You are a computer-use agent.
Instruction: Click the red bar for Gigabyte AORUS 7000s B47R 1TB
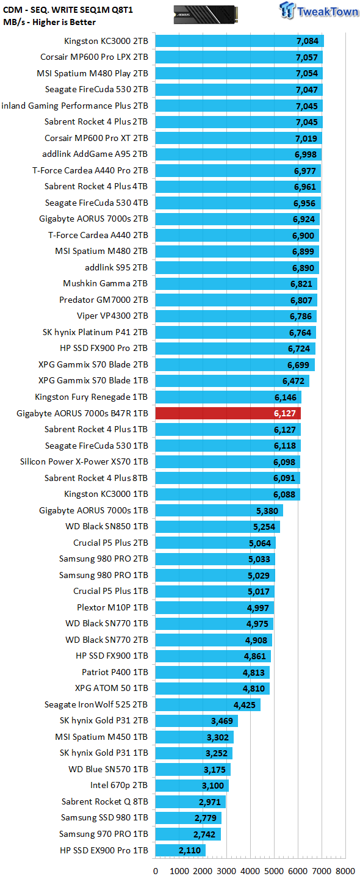(228, 413)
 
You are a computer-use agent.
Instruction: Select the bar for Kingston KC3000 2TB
(240, 41)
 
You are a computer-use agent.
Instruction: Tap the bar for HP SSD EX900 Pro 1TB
(181, 850)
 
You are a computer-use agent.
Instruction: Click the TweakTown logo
(319, 10)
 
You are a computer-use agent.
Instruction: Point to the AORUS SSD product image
(206, 15)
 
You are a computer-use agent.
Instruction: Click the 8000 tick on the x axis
(345, 870)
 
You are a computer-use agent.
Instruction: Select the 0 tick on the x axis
(156, 870)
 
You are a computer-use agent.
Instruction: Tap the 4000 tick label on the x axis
(250, 870)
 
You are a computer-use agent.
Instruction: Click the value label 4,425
(244, 705)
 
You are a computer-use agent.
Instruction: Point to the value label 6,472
(293, 381)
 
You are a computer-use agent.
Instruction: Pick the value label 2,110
(190, 850)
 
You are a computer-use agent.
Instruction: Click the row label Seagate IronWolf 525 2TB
(96, 704)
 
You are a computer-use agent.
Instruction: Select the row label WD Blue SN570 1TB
(108, 769)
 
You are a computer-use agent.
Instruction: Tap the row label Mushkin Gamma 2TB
(106, 283)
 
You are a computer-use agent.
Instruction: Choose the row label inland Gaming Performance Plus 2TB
(74, 106)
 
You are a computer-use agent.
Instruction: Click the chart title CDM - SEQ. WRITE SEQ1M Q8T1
(68, 9)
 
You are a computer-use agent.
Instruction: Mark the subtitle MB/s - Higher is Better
(49, 22)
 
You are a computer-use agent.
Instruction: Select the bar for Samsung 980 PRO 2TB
(215, 559)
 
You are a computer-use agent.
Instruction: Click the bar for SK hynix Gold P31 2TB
(197, 720)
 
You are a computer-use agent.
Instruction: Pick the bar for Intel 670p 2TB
(192, 785)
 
